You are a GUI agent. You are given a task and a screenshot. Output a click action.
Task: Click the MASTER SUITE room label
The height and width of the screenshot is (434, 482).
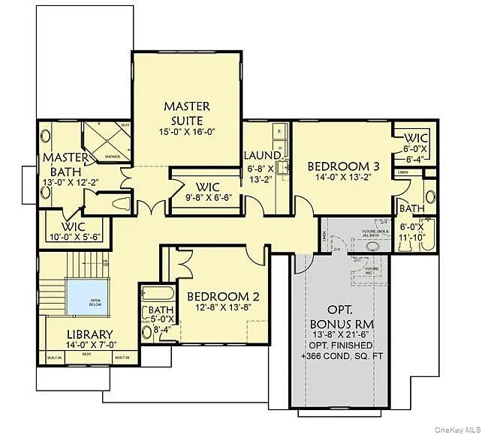click(187, 113)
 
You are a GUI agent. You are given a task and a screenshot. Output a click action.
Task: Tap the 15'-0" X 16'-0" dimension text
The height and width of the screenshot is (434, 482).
click(187, 131)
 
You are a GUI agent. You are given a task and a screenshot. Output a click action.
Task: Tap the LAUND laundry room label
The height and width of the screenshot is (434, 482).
click(261, 156)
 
